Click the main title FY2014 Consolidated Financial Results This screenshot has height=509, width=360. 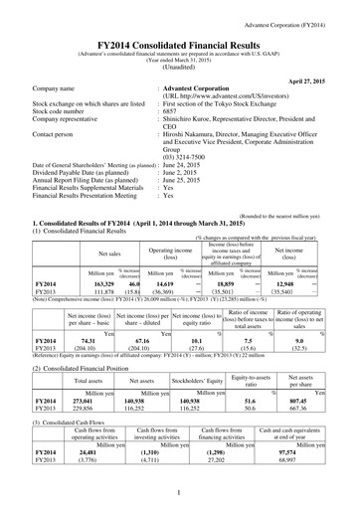point(179,32)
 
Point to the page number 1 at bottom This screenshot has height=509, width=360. point(179,493)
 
